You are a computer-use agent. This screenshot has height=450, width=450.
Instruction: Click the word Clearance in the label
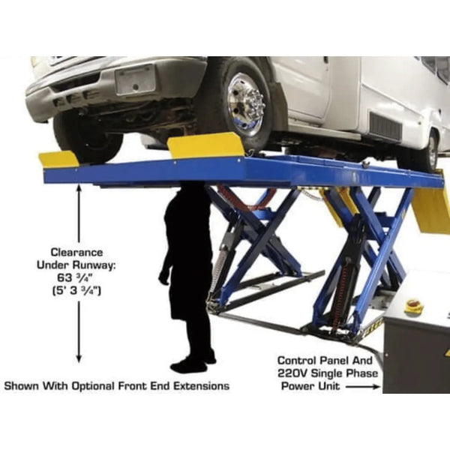(x=76, y=253)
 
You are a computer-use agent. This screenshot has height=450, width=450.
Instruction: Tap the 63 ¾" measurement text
(x=76, y=277)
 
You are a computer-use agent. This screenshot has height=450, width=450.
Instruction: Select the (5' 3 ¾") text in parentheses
(x=76, y=291)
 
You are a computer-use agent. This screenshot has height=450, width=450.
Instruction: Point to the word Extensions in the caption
(x=202, y=385)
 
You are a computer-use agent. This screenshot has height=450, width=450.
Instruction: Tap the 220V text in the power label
(x=292, y=373)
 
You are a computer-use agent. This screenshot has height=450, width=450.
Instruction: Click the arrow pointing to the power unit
(x=362, y=387)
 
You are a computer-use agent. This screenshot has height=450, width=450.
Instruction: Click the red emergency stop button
(x=413, y=304)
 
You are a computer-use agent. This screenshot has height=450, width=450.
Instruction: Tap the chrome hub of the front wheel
(x=247, y=104)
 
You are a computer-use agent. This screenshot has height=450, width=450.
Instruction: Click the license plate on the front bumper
(x=135, y=79)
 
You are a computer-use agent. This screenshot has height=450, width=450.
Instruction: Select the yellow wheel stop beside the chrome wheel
(x=205, y=145)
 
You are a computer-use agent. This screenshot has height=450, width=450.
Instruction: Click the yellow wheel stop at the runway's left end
(x=58, y=159)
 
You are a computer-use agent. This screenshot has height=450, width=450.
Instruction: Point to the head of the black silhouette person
(x=191, y=190)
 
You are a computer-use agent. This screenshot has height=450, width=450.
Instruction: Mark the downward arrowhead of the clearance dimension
(x=79, y=358)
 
